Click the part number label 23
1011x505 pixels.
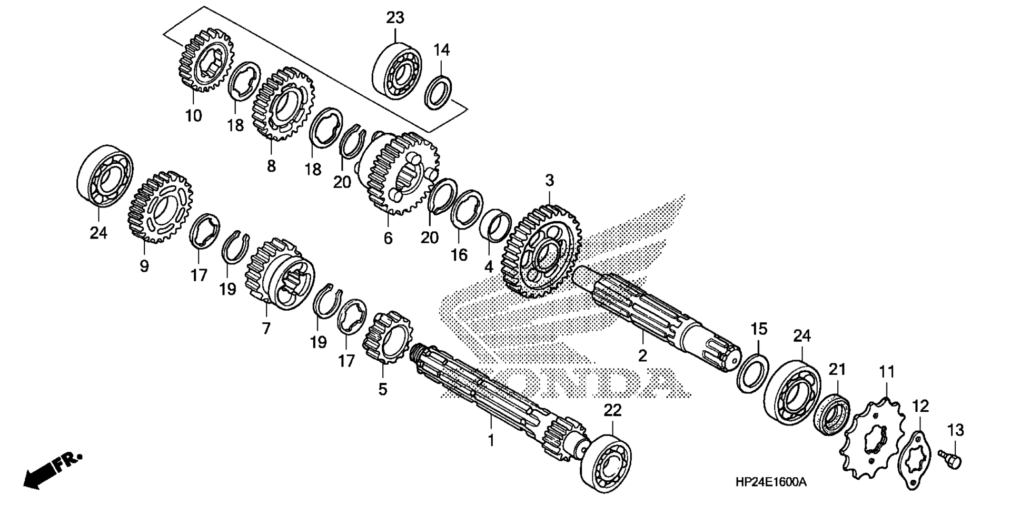[x=395, y=18]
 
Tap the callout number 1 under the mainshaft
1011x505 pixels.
[x=491, y=440]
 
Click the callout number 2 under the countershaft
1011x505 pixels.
[x=642, y=356]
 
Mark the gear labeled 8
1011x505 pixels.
[x=283, y=103]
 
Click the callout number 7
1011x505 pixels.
[x=266, y=329]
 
